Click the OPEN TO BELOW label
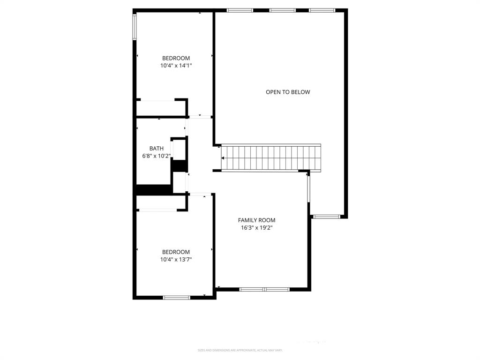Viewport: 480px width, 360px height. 288,92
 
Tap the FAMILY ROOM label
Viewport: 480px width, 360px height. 256,220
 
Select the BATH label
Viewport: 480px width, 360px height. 157,149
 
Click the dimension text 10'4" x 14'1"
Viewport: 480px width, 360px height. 176,66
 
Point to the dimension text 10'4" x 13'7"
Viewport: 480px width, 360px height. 176,259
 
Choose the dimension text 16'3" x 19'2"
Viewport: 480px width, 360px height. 256,228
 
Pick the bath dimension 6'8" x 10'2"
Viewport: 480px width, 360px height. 157,156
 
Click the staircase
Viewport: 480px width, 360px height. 271,158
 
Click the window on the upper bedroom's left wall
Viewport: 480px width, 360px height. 135,27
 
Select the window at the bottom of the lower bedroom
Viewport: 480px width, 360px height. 176,297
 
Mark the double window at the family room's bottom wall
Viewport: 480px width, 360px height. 264,289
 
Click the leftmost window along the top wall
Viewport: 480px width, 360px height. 240,10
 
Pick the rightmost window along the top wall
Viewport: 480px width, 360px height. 322,10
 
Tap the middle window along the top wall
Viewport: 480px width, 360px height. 283,10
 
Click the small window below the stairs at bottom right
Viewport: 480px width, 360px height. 326,217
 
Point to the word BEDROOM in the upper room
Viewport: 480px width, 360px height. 176,59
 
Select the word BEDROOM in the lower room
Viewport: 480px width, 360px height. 176,252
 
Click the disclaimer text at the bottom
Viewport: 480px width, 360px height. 240,350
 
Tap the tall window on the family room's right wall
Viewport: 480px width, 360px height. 308,187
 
